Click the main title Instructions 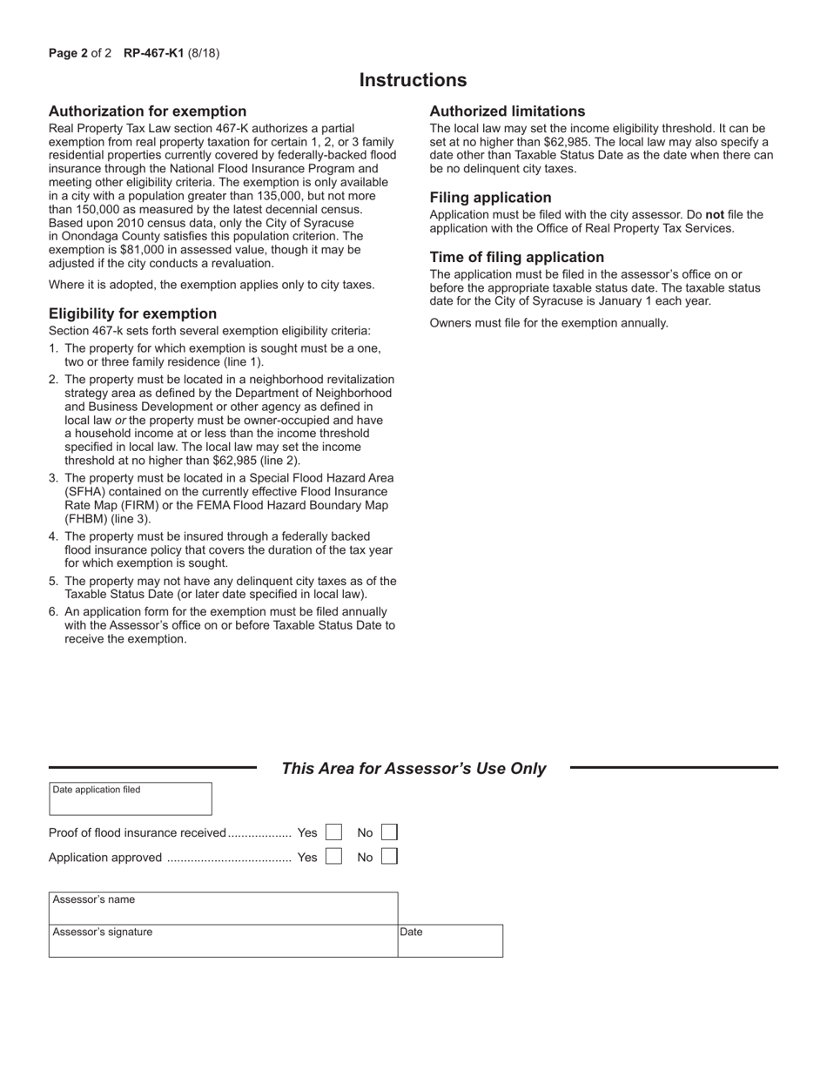413,80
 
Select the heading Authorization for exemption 147,111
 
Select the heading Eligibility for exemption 132,313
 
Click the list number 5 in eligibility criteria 53,581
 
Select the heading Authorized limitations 507,111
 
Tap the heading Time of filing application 516,258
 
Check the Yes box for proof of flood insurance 333,833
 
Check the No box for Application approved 389,857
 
